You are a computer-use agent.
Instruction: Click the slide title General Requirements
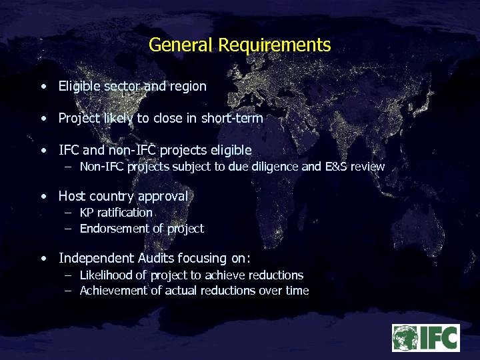pyautogui.click(x=239, y=45)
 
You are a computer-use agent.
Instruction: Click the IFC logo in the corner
pyautogui.click(x=425, y=337)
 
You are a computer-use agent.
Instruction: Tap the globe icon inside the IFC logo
pyautogui.click(x=405, y=337)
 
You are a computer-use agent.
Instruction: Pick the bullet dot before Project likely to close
pyautogui.click(x=43, y=119)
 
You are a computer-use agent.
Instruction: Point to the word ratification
pyautogui.click(x=126, y=213)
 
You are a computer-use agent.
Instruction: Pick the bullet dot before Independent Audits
pyautogui.click(x=43, y=258)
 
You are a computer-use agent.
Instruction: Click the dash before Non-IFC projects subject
pyautogui.click(x=69, y=167)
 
